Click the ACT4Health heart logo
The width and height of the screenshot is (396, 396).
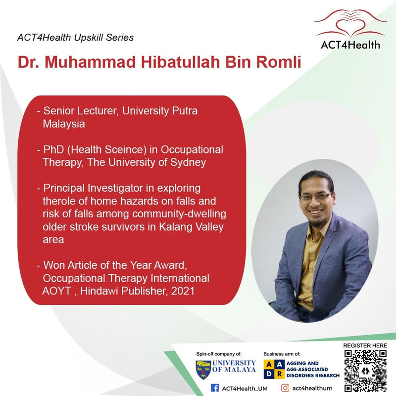pyautogui.click(x=349, y=22)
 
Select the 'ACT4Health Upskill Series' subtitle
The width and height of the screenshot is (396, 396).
pyautogui.click(x=75, y=37)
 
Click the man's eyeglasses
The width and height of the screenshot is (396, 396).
pyautogui.click(x=315, y=197)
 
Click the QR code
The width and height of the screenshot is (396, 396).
pyautogui.click(x=365, y=370)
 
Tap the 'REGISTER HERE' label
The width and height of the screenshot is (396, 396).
pyautogui.click(x=365, y=345)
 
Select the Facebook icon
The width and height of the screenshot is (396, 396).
pyautogui.click(x=215, y=388)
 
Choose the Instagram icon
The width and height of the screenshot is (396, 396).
pyautogui.click(x=285, y=388)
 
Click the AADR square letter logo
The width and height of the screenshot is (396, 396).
pyautogui.click(x=274, y=369)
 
